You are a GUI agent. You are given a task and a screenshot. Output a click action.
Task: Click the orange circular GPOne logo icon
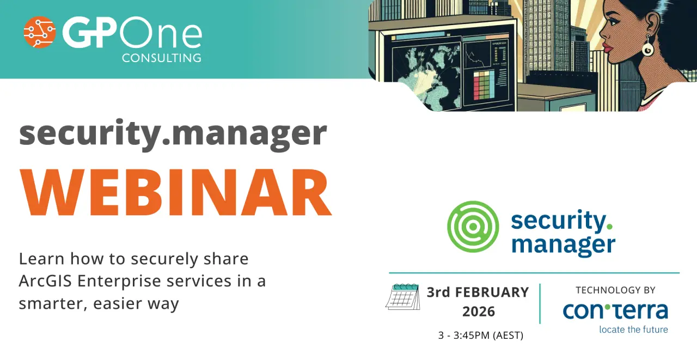click(x=40, y=32)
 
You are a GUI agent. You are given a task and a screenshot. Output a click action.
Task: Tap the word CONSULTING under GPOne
click(x=162, y=58)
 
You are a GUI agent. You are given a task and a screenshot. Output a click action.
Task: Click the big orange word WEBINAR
click(x=175, y=192)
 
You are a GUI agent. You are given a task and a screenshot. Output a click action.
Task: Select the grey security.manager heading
click(x=173, y=135)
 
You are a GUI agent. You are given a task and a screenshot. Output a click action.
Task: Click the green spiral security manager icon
click(x=473, y=227)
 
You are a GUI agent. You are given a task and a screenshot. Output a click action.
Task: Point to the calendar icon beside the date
click(x=403, y=296)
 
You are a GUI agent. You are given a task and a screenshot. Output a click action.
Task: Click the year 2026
click(x=479, y=312)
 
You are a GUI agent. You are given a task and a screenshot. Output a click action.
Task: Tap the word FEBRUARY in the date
click(x=492, y=292)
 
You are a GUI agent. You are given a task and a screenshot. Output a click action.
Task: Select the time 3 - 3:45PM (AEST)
click(x=481, y=335)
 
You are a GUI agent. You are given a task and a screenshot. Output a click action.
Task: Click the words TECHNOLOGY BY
click(x=615, y=290)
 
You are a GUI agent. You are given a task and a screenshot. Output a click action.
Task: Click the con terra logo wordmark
click(x=615, y=311)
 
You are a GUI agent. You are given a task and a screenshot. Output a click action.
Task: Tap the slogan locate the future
click(x=633, y=330)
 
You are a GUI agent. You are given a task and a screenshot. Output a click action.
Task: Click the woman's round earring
click(x=648, y=48)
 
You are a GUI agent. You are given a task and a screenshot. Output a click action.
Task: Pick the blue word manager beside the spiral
click(x=564, y=246)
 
